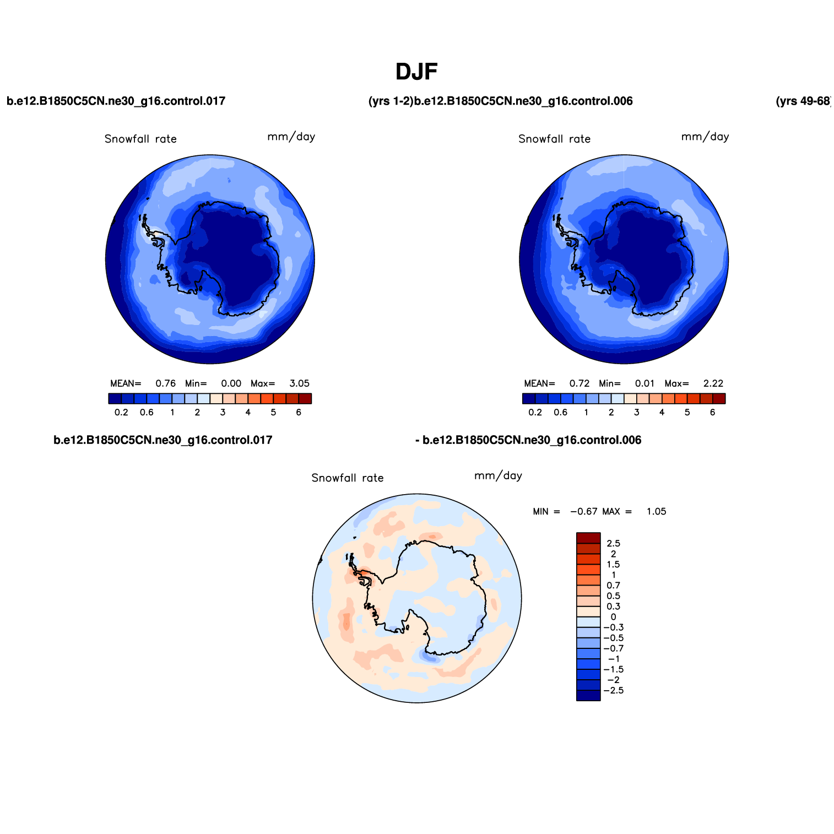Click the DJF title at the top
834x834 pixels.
pyautogui.click(x=416, y=72)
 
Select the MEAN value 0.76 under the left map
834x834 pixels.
pyautogui.click(x=165, y=383)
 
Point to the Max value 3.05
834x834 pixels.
pyautogui.click(x=299, y=383)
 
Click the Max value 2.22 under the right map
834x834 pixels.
pyautogui.click(x=713, y=383)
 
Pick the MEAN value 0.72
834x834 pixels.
pyautogui.click(x=580, y=383)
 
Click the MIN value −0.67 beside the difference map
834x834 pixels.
pyautogui.click(x=583, y=512)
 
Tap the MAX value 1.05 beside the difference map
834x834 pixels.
pyautogui.click(x=656, y=512)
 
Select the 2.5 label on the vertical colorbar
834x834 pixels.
pyautogui.click(x=613, y=544)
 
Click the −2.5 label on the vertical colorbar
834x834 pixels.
pyautogui.click(x=613, y=691)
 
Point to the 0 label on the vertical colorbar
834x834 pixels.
pyautogui.click(x=613, y=618)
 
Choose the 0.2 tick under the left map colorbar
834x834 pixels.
pyautogui.click(x=121, y=413)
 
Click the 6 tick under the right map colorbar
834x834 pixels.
pyautogui.click(x=712, y=413)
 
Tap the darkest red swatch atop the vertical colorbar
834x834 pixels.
pyautogui.click(x=588, y=538)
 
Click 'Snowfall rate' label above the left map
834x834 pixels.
pyautogui.click(x=140, y=139)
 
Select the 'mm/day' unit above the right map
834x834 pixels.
pyautogui.click(x=705, y=137)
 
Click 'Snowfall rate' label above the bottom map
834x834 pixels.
pyautogui.click(x=348, y=478)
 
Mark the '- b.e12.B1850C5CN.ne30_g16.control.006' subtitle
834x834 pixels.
pyautogui.click(x=528, y=440)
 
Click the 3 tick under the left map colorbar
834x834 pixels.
pyautogui.click(x=223, y=413)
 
